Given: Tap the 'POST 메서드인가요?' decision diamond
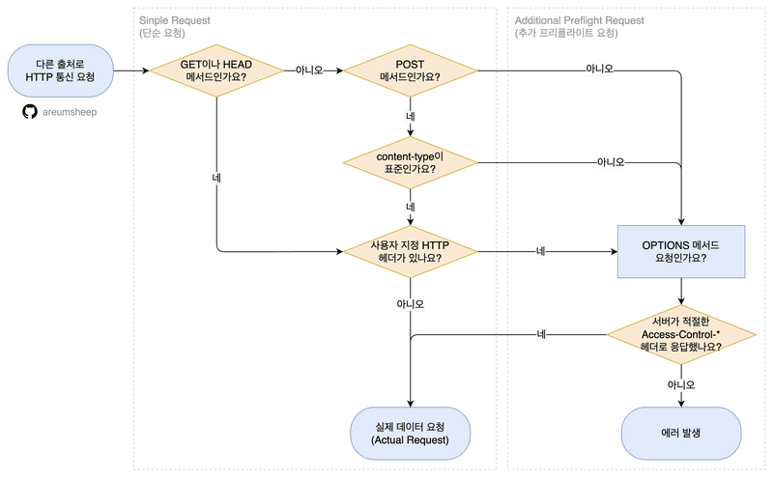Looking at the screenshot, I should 411,70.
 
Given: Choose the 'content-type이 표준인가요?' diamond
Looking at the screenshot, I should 411,161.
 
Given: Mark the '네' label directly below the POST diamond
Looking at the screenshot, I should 411,116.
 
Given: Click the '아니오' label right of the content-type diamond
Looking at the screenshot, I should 611,161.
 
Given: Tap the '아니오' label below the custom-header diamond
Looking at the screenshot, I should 411,303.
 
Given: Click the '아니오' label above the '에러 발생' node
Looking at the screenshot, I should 681,384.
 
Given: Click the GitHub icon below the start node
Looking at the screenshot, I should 29,112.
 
